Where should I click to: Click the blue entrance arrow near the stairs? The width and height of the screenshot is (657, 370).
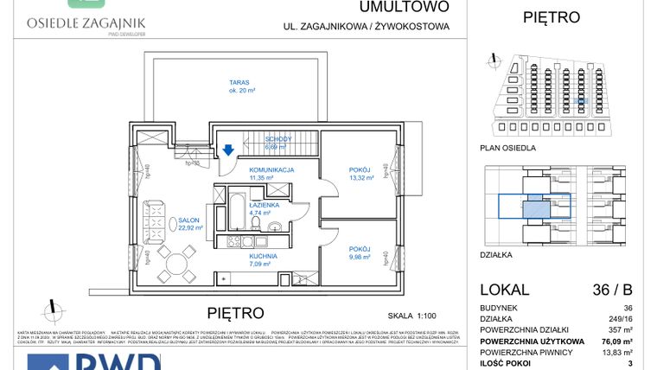tap(227, 150)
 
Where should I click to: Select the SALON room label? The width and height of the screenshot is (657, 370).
tap(184, 220)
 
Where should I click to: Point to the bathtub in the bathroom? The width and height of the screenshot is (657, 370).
tap(236, 210)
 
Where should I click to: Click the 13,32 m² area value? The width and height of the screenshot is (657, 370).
tap(360, 178)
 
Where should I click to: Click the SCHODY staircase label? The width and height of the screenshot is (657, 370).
tap(277, 139)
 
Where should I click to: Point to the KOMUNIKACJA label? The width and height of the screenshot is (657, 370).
tap(272, 170)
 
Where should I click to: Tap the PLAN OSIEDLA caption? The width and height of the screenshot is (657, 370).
tap(507, 148)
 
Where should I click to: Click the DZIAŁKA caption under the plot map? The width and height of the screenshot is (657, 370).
tap(496, 255)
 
